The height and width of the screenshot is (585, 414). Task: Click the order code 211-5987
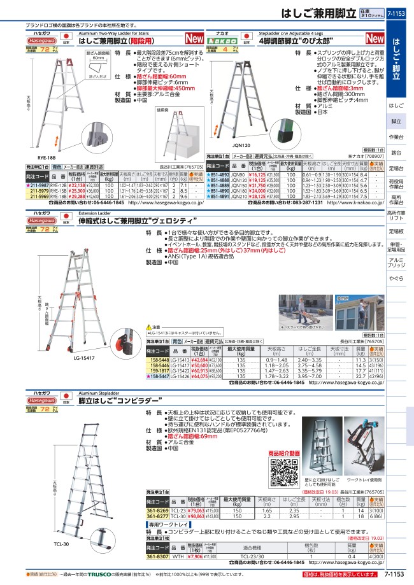[38, 185]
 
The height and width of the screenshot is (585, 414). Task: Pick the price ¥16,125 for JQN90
[255, 175]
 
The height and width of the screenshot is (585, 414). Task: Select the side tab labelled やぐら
[396, 279]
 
